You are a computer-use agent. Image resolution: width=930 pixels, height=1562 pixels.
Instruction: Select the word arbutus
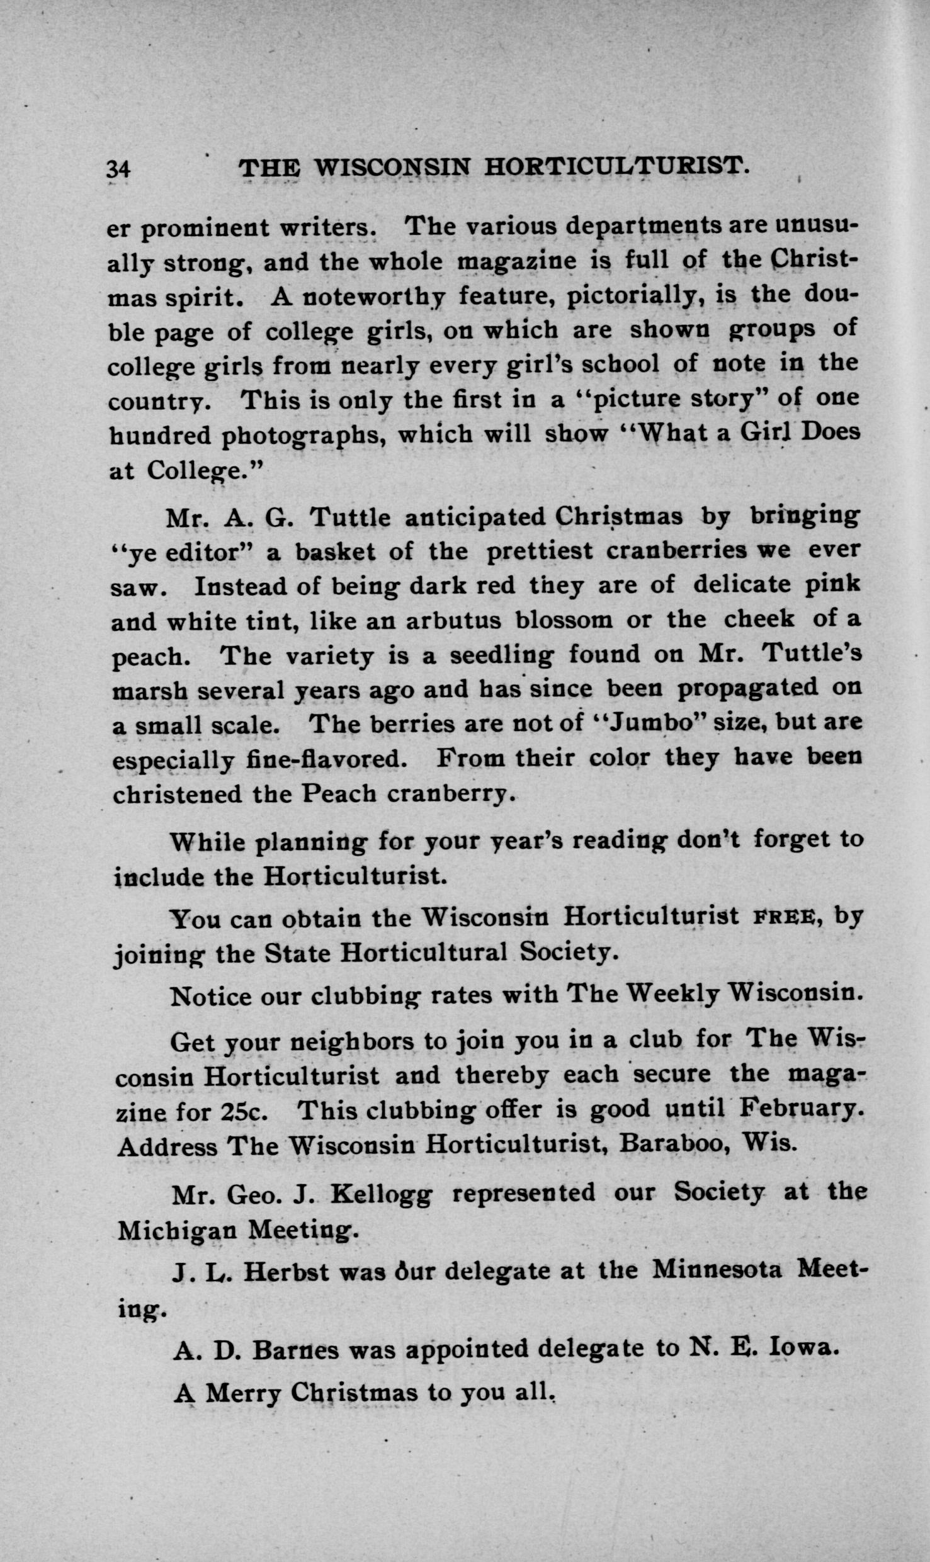pyautogui.click(x=453, y=621)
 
